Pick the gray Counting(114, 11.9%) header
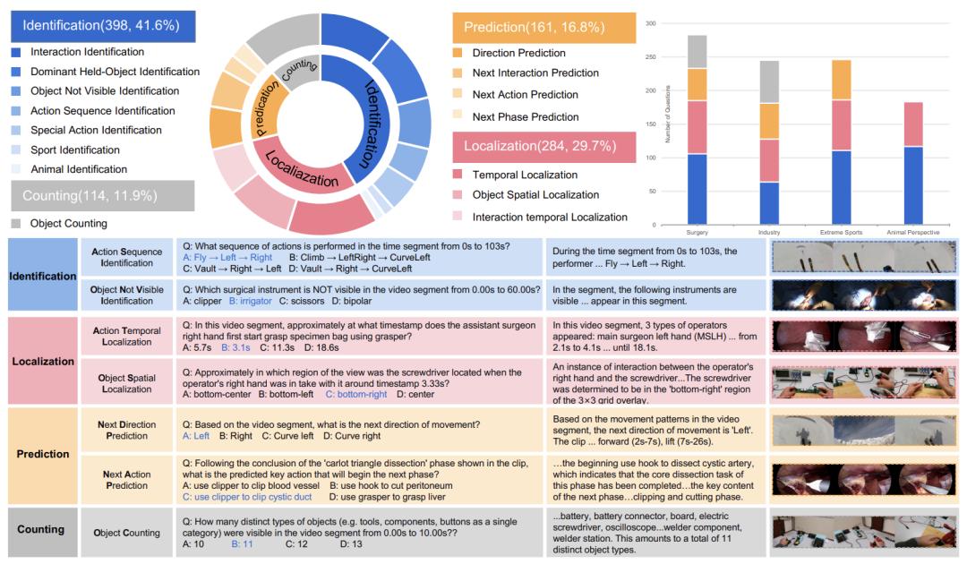click(x=102, y=195)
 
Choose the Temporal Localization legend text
click(x=525, y=175)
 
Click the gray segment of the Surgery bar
click(x=697, y=52)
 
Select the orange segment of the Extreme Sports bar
click(x=841, y=80)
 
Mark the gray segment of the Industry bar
click(x=769, y=81)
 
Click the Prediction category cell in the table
click(x=42, y=454)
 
